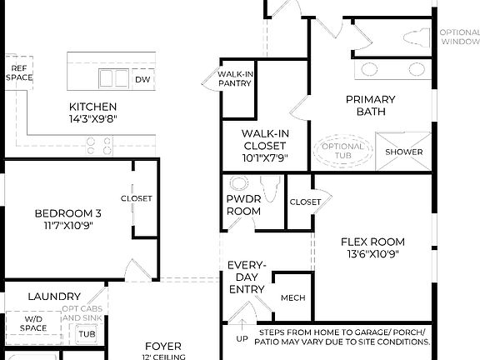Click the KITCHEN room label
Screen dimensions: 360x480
coord(92,107)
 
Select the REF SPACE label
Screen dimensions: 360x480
coord(18,72)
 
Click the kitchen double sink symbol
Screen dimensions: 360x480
coord(114,78)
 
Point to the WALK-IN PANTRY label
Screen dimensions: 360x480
coord(236,78)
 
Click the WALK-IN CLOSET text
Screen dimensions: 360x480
coord(264,140)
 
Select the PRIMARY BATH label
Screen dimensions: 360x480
coord(370,105)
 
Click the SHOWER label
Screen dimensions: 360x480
coord(404,152)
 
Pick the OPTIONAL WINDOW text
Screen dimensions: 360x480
coord(459,37)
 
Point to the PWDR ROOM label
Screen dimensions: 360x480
coord(243,206)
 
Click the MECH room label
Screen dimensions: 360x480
coord(292,297)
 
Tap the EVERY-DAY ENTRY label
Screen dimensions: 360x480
coord(247,277)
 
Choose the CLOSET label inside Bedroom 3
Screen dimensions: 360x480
coord(136,198)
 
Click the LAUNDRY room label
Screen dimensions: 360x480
coord(53,296)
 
